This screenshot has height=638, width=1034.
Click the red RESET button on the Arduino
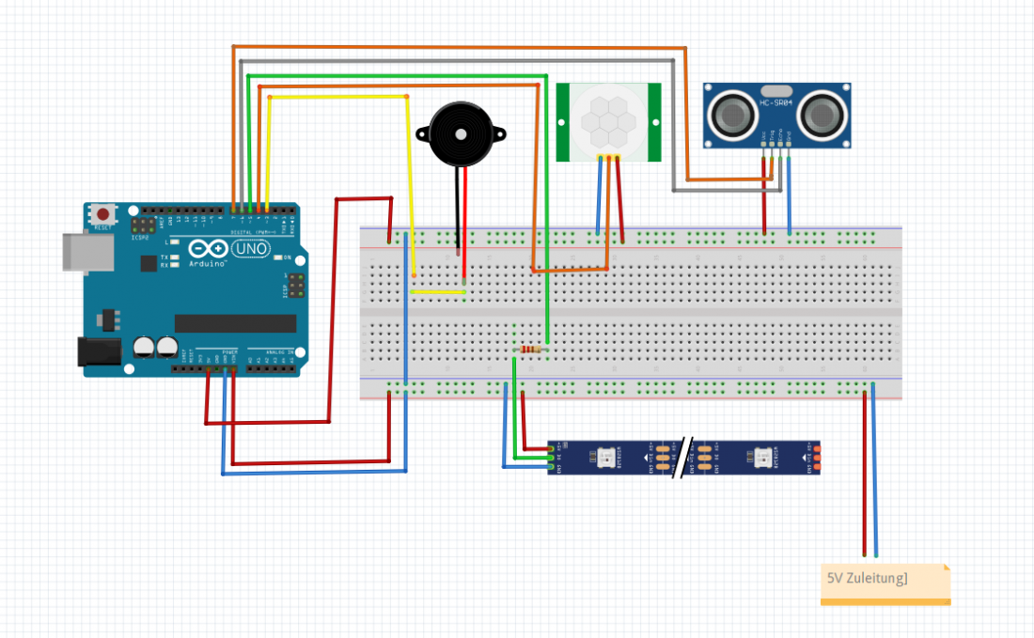pos(102,215)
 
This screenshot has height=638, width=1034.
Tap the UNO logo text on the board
pos(252,249)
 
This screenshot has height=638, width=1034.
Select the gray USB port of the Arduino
pos(81,253)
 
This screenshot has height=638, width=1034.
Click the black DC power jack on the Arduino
pos(98,351)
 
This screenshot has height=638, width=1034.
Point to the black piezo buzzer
pos(461,135)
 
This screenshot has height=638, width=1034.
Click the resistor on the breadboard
pos(531,350)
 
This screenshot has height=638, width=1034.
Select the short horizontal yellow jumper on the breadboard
pos(438,292)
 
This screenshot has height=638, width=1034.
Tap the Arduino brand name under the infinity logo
pos(208,264)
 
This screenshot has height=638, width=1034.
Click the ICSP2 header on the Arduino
pos(144,226)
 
